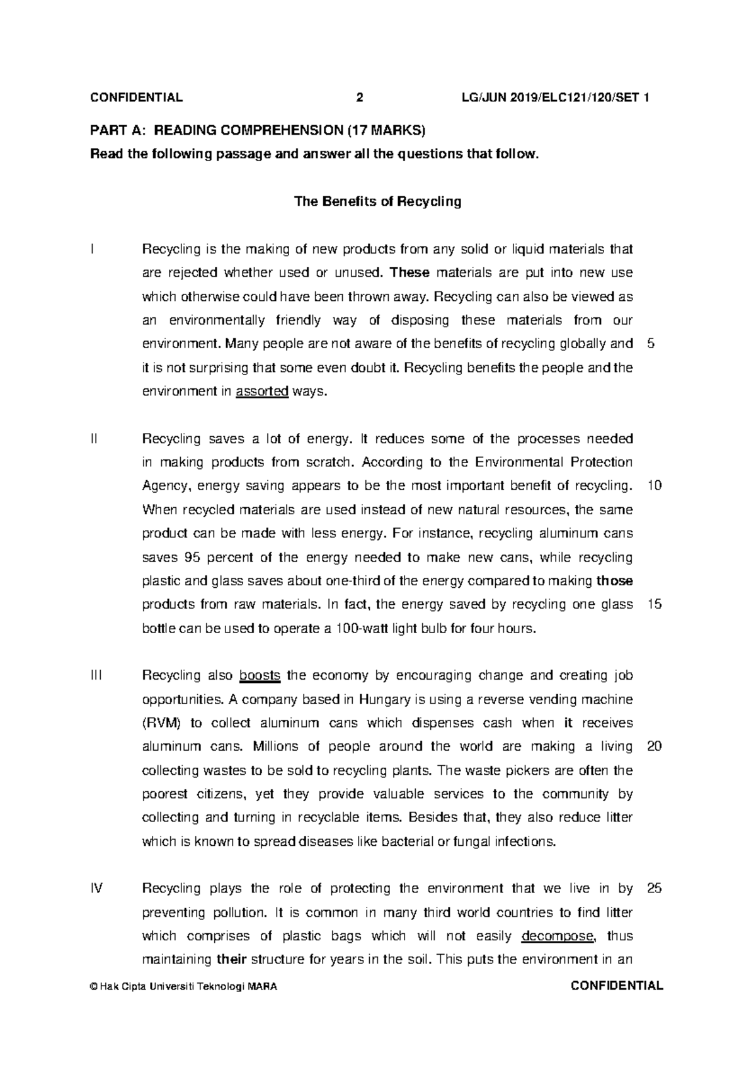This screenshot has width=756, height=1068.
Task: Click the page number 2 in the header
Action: tap(360, 98)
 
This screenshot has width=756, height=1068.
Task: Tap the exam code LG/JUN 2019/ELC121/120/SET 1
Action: tap(556, 98)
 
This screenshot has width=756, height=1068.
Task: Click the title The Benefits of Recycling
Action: tap(378, 202)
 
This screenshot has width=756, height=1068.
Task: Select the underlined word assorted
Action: tap(262, 391)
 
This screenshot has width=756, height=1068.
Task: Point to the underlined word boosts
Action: tap(260, 676)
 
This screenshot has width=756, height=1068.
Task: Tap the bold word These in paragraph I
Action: tap(409, 273)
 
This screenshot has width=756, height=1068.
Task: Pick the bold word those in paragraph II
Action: tap(614, 581)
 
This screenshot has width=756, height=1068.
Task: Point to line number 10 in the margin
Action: tap(654, 486)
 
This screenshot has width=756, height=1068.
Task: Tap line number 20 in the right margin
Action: tap(654, 747)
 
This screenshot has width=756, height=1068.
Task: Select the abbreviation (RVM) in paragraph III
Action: tap(161, 723)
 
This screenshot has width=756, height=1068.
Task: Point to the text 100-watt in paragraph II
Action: tap(365, 629)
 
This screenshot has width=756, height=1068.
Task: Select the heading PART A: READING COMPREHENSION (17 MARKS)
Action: tap(258, 131)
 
